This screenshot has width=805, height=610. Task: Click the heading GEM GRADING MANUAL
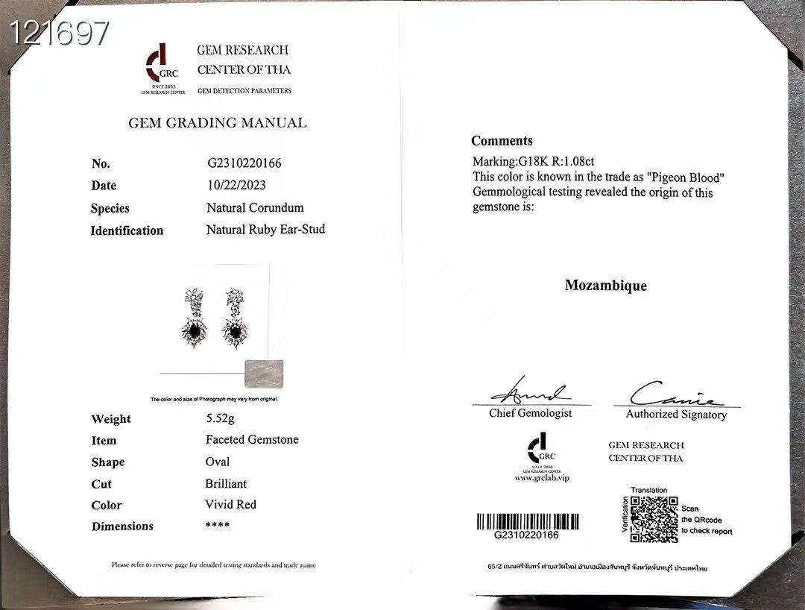217,123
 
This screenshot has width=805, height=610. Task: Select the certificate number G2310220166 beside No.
244,163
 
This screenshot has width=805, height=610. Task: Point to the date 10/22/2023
236,185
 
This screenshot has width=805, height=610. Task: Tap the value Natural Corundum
255,207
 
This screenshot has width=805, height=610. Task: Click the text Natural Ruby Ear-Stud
265,230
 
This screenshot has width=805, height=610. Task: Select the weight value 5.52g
220,418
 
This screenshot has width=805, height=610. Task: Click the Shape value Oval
218,462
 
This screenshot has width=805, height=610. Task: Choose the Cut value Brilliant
226,483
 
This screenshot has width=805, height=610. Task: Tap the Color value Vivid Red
230,504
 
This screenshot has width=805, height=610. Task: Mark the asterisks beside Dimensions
217,526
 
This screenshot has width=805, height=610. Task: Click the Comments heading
502,141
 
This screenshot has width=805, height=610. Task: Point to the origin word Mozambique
605,286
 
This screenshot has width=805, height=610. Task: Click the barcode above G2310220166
527,521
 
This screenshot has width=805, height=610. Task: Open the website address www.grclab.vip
541,478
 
